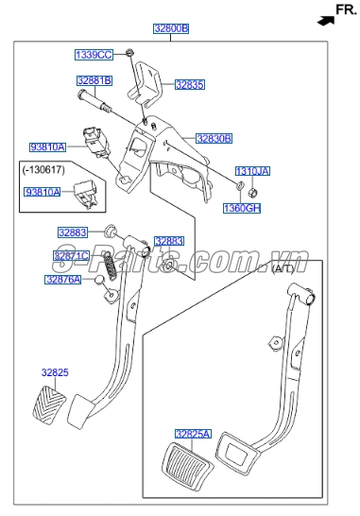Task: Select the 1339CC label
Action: click(93, 53)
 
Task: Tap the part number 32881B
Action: click(94, 80)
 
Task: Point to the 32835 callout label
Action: click(189, 84)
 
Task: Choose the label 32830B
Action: click(214, 138)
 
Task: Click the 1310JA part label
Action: click(251, 170)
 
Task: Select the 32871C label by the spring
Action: click(72, 255)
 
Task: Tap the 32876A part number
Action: click(63, 279)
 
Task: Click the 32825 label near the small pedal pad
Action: click(54, 371)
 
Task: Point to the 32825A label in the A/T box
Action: click(191, 434)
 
